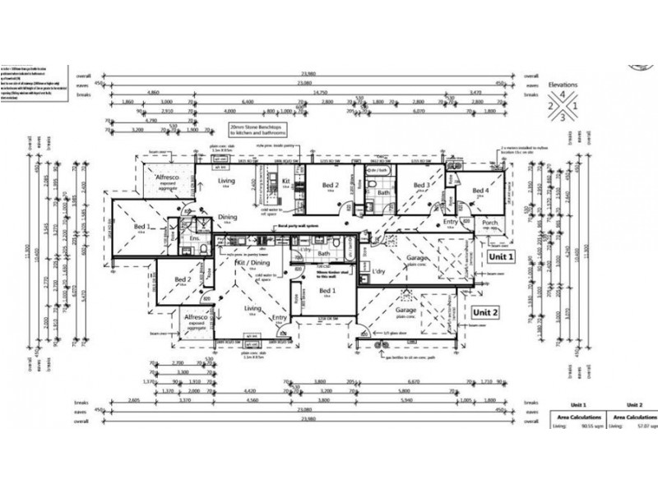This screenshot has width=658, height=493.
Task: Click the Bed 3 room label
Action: click(421, 186)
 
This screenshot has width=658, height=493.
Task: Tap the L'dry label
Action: click(379, 270)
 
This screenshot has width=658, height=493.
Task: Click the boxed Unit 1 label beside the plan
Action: click(501, 256)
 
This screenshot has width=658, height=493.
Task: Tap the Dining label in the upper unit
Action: click(228, 217)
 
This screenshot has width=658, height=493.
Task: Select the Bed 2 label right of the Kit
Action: click(331, 186)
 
